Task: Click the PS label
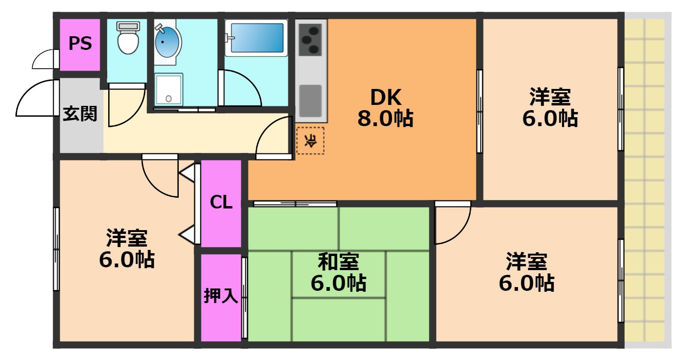click(x=80, y=44)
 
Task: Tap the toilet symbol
click(x=127, y=38)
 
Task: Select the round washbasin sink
click(x=167, y=42)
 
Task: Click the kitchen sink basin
click(x=310, y=100)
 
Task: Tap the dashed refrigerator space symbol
click(x=310, y=140)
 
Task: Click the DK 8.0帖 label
click(x=386, y=108)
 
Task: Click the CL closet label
click(x=221, y=202)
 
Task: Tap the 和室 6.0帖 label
click(x=339, y=272)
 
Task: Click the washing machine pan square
click(x=168, y=90)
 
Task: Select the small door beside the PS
click(x=45, y=59)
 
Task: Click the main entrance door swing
click(x=35, y=99)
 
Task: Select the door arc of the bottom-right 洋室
click(x=452, y=224)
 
